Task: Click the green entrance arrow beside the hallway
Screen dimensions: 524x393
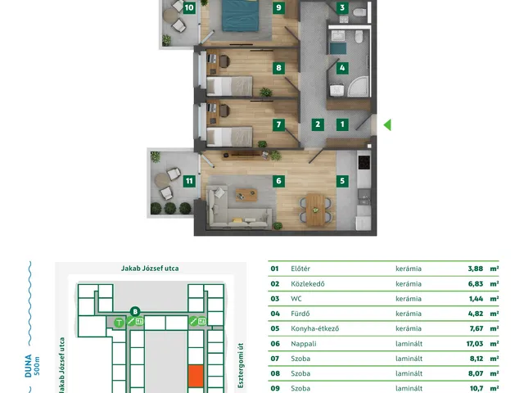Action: click(387, 125)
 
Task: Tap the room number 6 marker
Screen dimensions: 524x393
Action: click(278, 181)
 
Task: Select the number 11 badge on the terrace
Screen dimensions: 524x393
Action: click(189, 181)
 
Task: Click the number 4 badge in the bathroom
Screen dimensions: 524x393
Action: click(342, 68)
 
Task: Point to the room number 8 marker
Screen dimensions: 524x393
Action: click(278, 68)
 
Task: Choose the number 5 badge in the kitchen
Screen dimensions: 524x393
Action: click(342, 181)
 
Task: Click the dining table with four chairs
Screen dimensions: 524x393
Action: click(315, 210)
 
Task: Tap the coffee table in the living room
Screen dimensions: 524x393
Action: click(246, 195)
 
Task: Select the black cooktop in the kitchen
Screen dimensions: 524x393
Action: click(364, 162)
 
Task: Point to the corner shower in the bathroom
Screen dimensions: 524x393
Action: click(359, 86)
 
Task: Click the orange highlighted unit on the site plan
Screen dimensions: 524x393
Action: click(196, 377)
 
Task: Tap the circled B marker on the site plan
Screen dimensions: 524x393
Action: click(135, 312)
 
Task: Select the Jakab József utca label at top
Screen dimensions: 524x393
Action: click(150, 269)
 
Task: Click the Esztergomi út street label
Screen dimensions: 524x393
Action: click(241, 365)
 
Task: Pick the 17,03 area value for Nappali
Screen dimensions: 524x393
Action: click(475, 344)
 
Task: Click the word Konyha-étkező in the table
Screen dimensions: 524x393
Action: click(314, 328)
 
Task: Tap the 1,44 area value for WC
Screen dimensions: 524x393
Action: click(476, 299)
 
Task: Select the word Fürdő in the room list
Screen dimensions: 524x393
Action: click(300, 314)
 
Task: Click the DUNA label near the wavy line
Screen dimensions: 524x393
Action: click(29, 366)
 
